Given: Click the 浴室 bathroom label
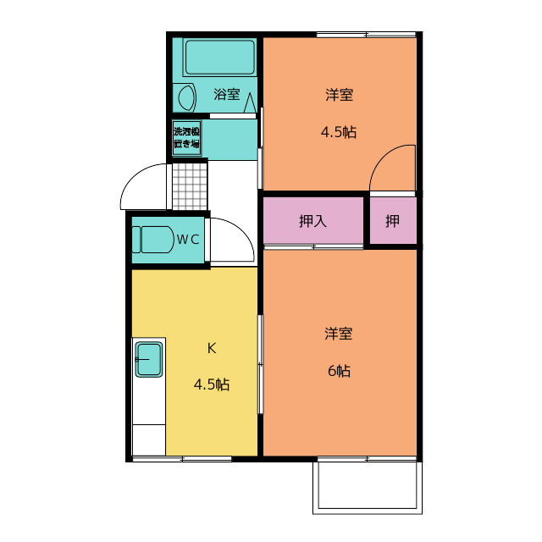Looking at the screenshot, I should pyautogui.click(x=226, y=95).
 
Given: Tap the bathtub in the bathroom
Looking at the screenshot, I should pyautogui.click(x=219, y=58).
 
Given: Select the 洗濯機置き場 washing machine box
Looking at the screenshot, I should pyautogui.click(x=186, y=137).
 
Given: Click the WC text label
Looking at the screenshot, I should pyautogui.click(x=187, y=239).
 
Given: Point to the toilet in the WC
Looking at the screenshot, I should pyautogui.click(x=152, y=239).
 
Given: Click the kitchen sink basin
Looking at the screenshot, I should pyautogui.click(x=148, y=361).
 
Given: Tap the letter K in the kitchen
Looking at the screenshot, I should pyautogui.click(x=213, y=347).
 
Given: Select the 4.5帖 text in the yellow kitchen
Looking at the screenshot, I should pyautogui.click(x=212, y=384).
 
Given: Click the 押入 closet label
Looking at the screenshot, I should pyautogui.click(x=312, y=222).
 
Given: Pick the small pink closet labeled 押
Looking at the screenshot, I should pyautogui.click(x=393, y=222).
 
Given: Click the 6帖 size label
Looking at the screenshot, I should pyautogui.click(x=339, y=371).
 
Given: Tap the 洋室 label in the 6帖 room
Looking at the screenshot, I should pyautogui.click(x=339, y=334).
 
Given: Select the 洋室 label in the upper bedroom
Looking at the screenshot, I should pyautogui.click(x=339, y=95).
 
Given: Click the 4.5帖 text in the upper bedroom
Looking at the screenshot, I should pyautogui.click(x=338, y=132).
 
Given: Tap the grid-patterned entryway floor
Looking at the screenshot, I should pyautogui.click(x=190, y=185).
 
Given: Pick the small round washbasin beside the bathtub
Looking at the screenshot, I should pyautogui.click(x=186, y=97).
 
